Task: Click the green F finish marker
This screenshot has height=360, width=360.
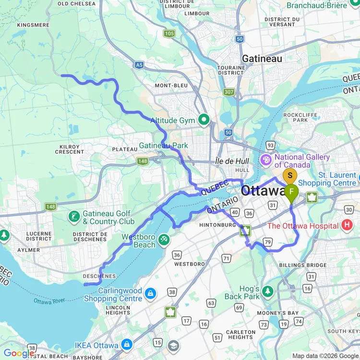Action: [x=291, y=193]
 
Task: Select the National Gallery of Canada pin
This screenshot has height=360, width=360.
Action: [x=265, y=159]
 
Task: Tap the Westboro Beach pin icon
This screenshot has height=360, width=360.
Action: [x=164, y=239]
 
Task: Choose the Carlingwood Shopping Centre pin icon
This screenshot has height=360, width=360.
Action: [x=150, y=293]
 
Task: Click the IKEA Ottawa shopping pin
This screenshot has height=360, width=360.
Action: [x=127, y=344]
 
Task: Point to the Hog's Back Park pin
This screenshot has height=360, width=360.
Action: [x=267, y=291]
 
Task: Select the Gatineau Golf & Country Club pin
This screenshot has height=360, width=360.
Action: [x=74, y=216]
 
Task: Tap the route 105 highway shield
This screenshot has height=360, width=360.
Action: [x=169, y=33]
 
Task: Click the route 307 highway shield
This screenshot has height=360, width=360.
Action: [x=229, y=92]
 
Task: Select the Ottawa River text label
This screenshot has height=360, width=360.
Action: [x=49, y=301]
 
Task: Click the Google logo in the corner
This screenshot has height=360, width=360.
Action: [x=18, y=353]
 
